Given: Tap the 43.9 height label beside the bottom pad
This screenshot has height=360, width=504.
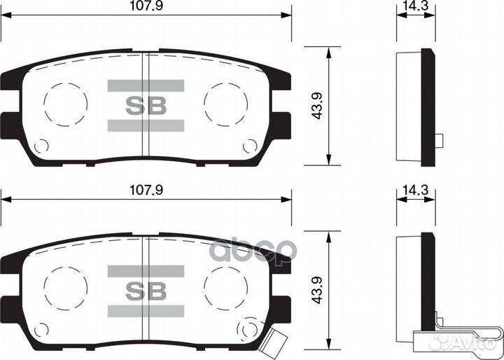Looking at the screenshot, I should click(x=317, y=288).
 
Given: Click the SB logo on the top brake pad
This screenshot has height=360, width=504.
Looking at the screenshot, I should click(x=146, y=106).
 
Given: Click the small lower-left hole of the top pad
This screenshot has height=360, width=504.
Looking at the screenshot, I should click(x=41, y=146).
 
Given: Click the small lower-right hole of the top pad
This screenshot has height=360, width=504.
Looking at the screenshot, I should click(x=250, y=146).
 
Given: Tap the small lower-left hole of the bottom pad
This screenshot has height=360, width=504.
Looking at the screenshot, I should click(x=41, y=330).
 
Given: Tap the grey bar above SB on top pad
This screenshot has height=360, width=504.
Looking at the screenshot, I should click(x=146, y=85).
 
